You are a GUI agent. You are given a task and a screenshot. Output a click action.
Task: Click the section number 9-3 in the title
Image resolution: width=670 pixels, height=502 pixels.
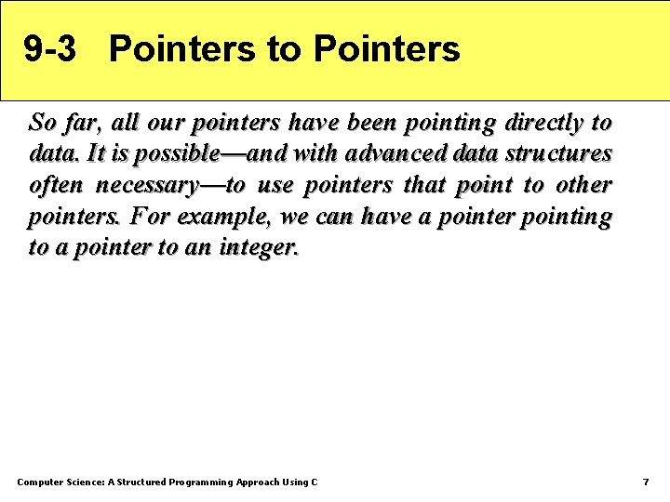(x=49, y=49)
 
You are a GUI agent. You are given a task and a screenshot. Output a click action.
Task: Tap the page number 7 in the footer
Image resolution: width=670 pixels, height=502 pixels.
(x=646, y=482)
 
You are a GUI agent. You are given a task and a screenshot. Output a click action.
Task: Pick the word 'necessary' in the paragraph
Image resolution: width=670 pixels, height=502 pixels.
(x=146, y=185)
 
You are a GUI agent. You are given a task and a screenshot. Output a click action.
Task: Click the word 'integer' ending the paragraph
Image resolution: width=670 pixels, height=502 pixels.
(x=258, y=248)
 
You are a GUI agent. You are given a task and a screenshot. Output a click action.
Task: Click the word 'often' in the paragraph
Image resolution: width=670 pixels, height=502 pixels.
(x=56, y=185)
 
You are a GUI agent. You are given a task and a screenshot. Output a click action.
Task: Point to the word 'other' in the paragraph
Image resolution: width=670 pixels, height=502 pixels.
(x=583, y=185)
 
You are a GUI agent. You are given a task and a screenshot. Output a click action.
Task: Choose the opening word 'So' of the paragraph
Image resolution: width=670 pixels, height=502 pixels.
(x=43, y=122)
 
